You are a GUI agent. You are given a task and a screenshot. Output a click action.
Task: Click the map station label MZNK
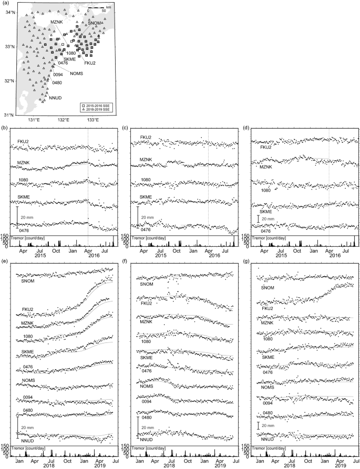pyautogui.click(x=57, y=21)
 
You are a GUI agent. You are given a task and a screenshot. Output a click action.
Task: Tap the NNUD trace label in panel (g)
pyautogui.click(x=266, y=438)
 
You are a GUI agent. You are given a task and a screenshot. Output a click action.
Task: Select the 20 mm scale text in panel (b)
pyautogui.click(x=28, y=217)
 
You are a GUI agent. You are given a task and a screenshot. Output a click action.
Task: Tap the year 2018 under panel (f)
pyautogui.click(x=170, y=466)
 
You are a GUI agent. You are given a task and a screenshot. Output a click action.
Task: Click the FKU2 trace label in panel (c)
pyautogui.click(x=146, y=138)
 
